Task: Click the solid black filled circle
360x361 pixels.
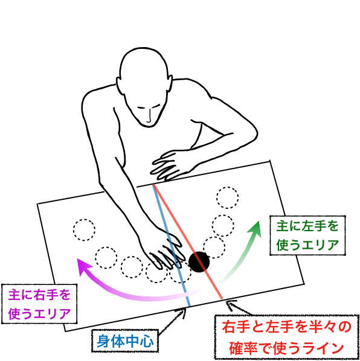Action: click(199, 262)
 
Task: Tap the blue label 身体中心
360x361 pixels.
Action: click(125, 341)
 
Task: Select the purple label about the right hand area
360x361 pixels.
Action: click(39, 304)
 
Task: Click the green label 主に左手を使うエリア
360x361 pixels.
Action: click(307, 235)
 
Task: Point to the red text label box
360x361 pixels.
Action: click(287, 337)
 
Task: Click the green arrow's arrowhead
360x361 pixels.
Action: click(256, 229)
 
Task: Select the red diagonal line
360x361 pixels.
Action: click(188, 241)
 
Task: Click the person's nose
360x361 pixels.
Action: click(149, 117)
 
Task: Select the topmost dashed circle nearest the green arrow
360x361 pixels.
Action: click(227, 197)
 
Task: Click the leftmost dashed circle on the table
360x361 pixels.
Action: click(85, 230)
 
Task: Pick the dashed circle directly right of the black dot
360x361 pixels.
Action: click(214, 248)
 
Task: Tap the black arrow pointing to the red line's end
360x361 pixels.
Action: click(240, 308)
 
